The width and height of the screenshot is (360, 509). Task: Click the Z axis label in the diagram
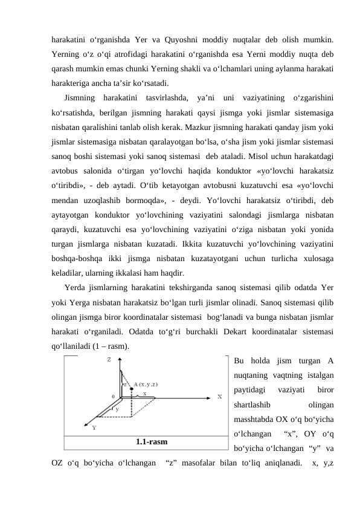(109, 359)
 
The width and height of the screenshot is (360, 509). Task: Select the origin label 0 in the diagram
(113, 397)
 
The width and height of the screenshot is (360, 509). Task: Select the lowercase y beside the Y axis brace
(117, 409)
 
